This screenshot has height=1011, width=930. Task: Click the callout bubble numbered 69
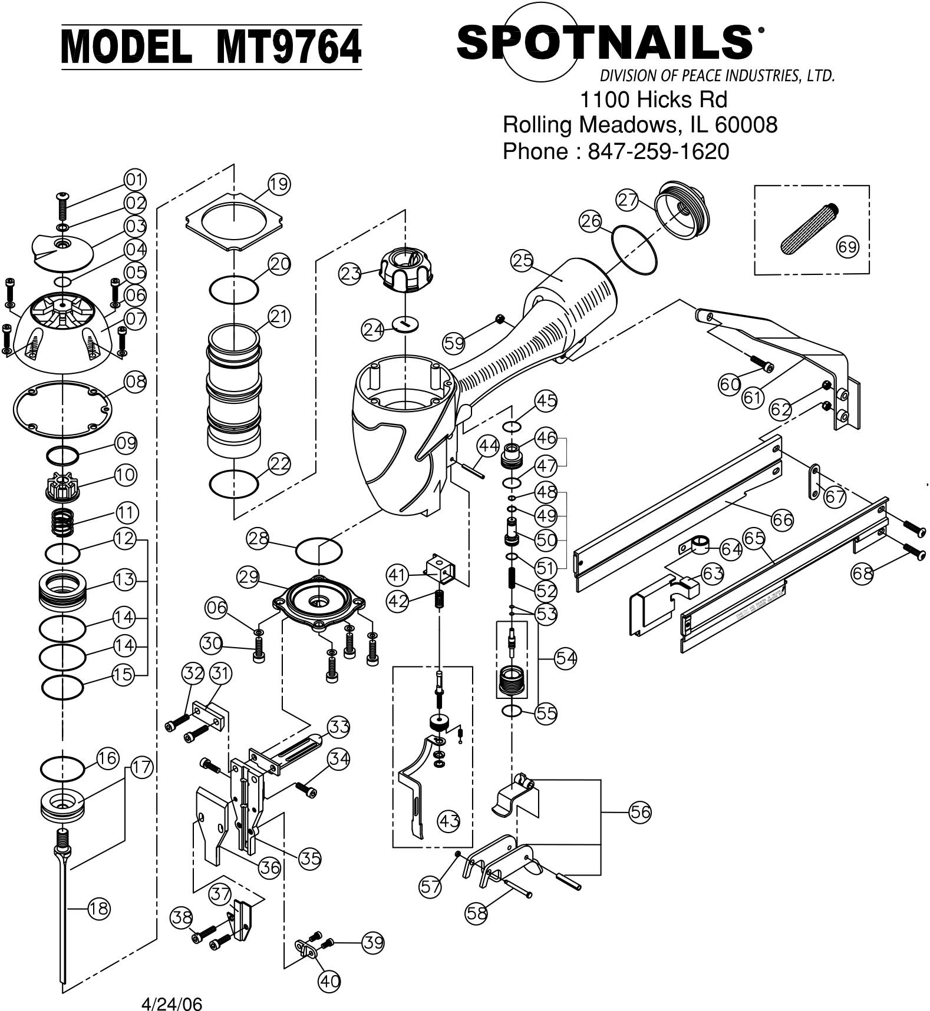[847, 247]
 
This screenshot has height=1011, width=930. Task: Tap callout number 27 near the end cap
[628, 200]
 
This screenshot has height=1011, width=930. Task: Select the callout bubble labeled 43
[449, 820]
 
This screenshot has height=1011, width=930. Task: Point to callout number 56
[640, 812]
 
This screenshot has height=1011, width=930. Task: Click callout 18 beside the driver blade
[99, 909]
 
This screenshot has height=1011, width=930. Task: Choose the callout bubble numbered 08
[136, 382]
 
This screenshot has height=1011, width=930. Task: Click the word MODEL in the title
[127, 47]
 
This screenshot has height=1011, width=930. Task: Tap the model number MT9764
[288, 47]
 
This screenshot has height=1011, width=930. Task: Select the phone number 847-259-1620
[658, 152]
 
